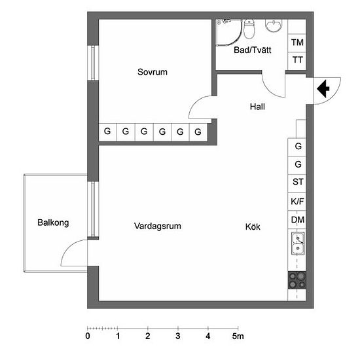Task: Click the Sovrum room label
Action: point(153,72)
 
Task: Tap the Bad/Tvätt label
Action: point(252,50)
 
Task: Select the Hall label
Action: point(257,107)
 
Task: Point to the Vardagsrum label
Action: point(158,226)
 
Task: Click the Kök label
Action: point(253,227)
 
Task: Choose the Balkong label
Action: point(53,223)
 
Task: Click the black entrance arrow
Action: point(323,88)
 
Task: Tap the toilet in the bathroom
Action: point(249,29)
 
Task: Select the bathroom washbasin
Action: point(274,26)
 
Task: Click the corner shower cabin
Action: point(228,32)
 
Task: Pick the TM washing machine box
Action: point(297,43)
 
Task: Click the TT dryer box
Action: point(297,61)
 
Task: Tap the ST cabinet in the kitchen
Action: point(297,183)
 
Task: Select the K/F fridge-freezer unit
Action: point(297,202)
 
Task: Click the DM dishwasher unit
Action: point(297,220)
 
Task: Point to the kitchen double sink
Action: point(298,243)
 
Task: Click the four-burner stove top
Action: point(297,280)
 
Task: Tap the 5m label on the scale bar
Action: point(238,336)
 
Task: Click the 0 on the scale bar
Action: point(88,336)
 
